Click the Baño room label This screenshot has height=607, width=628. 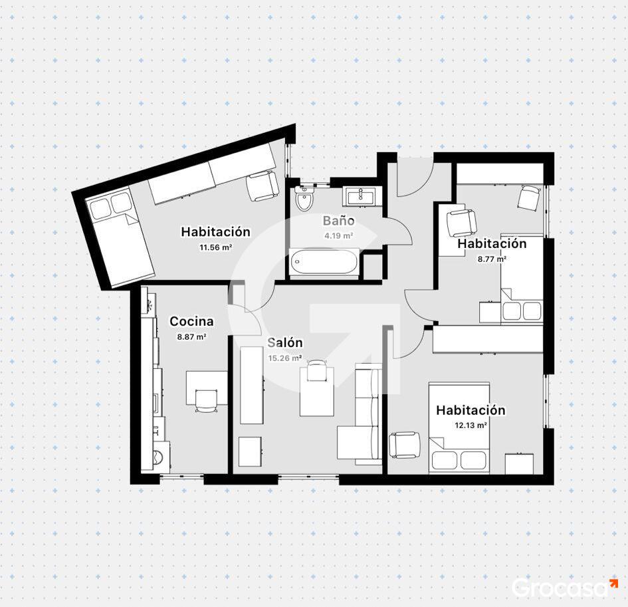[x=338, y=221]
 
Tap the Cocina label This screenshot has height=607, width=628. [x=191, y=321]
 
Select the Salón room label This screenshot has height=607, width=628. [x=285, y=342]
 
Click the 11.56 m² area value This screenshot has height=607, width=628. [x=216, y=247]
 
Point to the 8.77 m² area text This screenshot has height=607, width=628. [x=492, y=259]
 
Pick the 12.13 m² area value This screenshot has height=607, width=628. [x=471, y=425]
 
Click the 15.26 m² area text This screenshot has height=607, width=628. [x=285, y=358]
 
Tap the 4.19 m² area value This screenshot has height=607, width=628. [x=338, y=235]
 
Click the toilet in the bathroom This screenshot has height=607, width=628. [x=305, y=198]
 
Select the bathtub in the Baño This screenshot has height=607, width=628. [x=324, y=263]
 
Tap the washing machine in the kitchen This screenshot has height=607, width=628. [x=161, y=457]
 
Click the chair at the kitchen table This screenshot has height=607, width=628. [x=206, y=401]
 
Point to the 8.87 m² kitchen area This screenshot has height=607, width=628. [x=191, y=337]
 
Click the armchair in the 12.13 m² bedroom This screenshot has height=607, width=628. [x=405, y=445]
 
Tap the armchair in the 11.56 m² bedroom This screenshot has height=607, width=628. [x=262, y=186]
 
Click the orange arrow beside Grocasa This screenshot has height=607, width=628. [x=613, y=583]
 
